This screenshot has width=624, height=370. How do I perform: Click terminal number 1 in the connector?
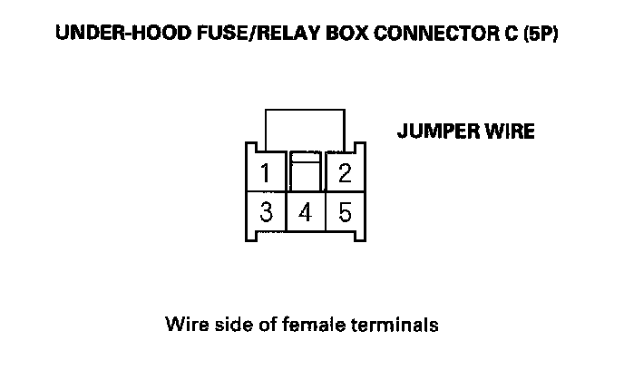[x=266, y=173]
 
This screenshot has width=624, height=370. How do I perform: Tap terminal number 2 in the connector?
[x=345, y=173]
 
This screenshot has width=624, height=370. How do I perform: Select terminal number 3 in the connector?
[x=266, y=214]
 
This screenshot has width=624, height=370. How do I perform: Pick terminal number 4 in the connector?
[x=305, y=214]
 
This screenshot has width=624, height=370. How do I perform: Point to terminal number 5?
[x=345, y=214]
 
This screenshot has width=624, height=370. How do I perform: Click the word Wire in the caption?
[x=184, y=324]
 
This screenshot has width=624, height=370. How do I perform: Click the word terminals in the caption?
[x=392, y=324]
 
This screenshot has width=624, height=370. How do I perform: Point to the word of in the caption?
[x=261, y=324]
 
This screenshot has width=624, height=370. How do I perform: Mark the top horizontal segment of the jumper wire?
[x=305, y=110]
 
